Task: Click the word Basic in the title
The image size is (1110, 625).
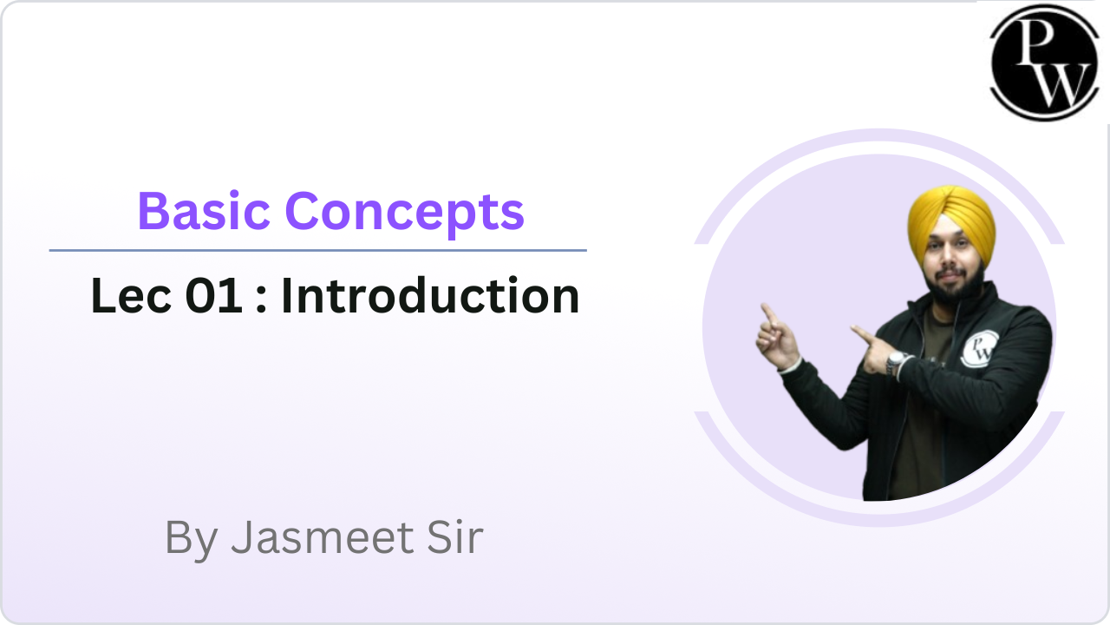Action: point(204,211)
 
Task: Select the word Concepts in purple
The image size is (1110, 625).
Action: point(405,214)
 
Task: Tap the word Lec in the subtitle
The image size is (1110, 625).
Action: point(131,296)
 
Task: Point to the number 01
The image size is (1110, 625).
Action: point(214,296)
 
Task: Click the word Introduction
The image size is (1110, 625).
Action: point(430,295)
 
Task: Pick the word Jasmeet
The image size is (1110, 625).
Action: point(323,537)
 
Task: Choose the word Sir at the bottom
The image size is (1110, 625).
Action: point(455,537)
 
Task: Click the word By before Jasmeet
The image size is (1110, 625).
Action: point(192,541)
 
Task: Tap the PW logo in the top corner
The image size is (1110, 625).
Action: point(1045,62)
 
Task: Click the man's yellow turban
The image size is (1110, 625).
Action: point(951,223)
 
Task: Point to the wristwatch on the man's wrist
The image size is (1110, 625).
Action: point(896,363)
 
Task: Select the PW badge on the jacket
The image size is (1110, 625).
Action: point(980,349)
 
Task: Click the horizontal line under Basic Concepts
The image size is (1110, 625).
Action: point(317,251)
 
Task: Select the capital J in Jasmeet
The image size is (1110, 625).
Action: point(244,537)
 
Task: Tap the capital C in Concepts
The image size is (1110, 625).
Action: point(303,211)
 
